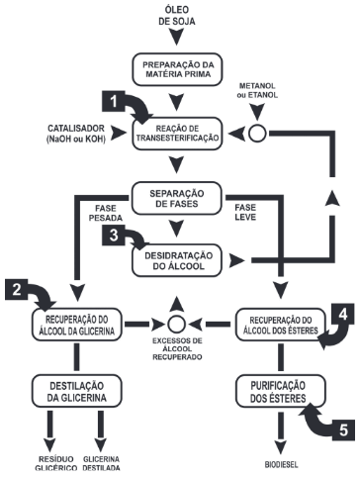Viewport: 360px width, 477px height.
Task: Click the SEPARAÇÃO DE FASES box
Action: point(179,196)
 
